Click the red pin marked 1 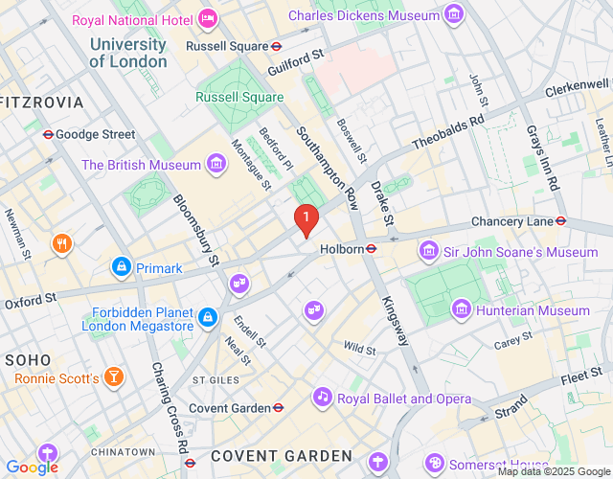click(306, 219)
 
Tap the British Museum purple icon click(217, 165)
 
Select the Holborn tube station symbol click(372, 249)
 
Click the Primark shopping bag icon click(122, 267)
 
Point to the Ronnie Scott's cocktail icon click(114, 377)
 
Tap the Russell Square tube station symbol click(276, 45)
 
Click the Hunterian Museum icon click(462, 310)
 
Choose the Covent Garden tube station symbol click(278, 408)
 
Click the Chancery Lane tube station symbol click(561, 221)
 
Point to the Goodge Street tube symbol click(47, 134)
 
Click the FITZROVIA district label click(42, 102)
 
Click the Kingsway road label click(396, 321)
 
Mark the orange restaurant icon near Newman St click(63, 242)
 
